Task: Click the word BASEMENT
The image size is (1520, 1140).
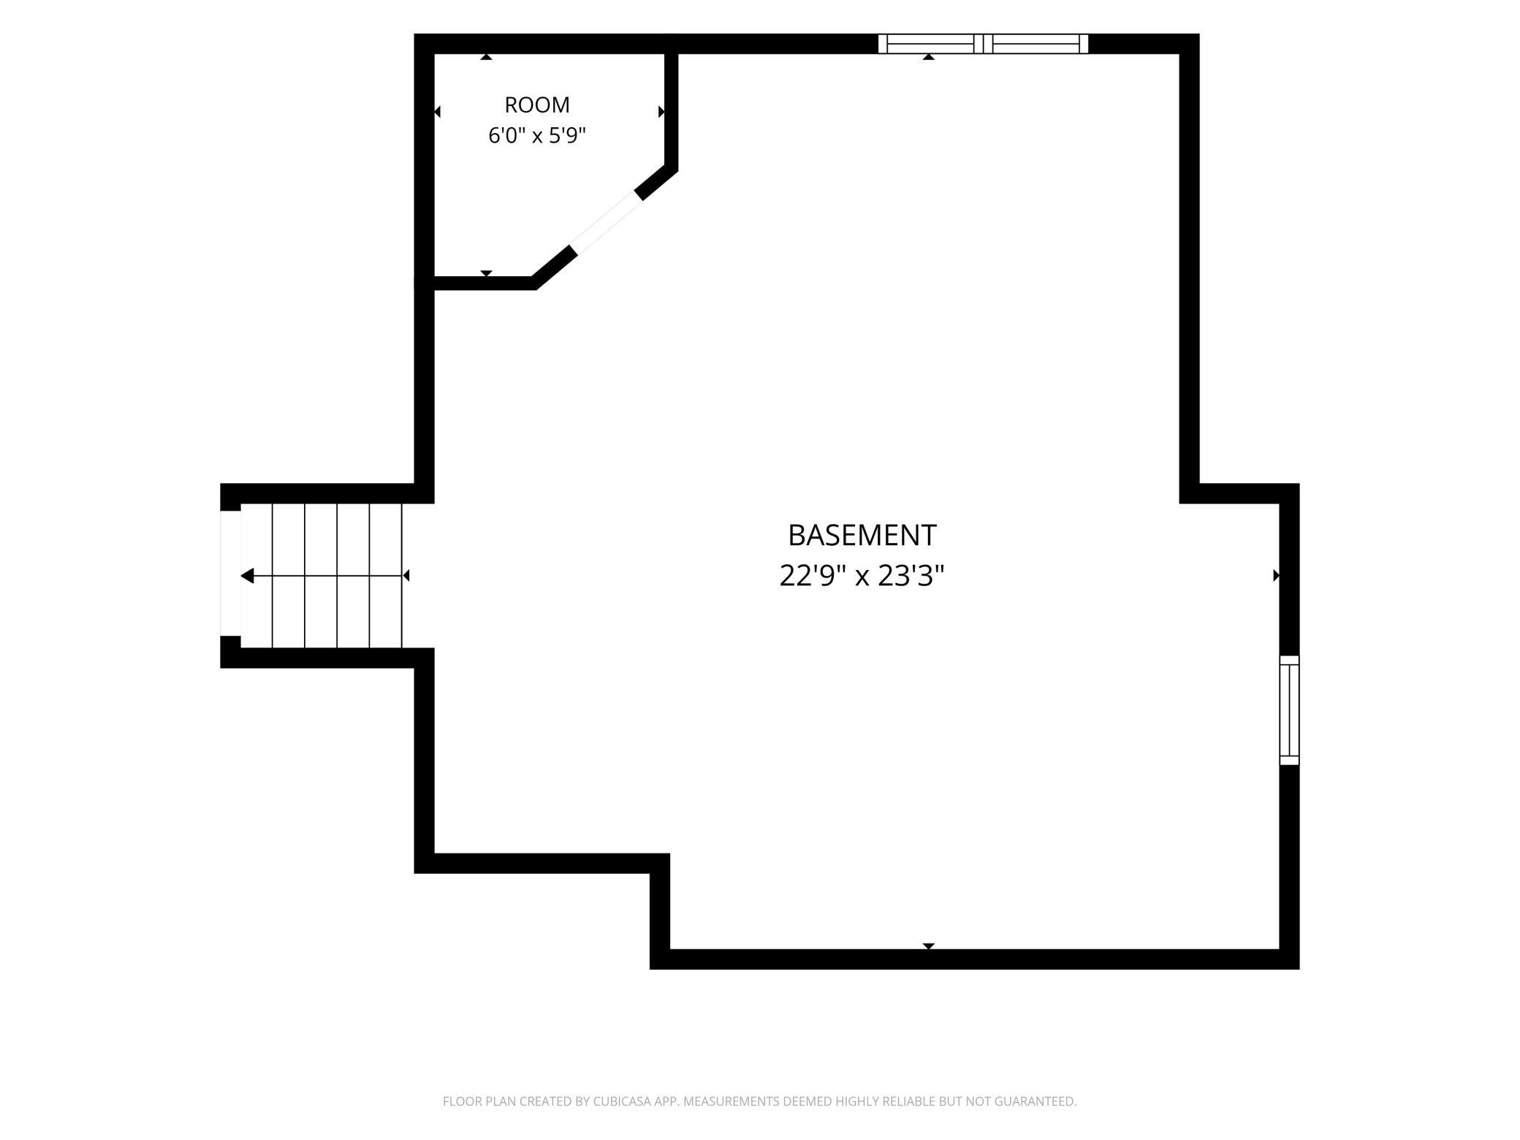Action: point(862,536)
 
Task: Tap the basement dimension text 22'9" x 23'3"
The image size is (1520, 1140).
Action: point(862,576)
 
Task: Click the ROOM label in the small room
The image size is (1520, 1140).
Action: point(537,105)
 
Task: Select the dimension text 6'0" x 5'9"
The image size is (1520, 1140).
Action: point(537,135)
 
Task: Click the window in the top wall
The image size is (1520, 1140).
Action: point(983,44)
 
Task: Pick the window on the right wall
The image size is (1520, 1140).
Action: point(1289,710)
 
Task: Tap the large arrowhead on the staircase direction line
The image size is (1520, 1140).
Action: point(247,576)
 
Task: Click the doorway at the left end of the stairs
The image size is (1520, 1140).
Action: point(230,573)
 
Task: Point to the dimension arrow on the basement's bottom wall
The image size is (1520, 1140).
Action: point(928,946)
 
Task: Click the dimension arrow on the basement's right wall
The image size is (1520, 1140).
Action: point(1276,575)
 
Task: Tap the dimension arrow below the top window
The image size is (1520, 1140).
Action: point(928,57)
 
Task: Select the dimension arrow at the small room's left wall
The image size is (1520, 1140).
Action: point(437,112)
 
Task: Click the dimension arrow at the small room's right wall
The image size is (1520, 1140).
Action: point(661,112)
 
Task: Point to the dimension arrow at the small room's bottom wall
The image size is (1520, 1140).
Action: point(486,273)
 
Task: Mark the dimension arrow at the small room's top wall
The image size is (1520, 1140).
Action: point(486,57)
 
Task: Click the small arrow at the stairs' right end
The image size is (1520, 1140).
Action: point(406,576)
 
